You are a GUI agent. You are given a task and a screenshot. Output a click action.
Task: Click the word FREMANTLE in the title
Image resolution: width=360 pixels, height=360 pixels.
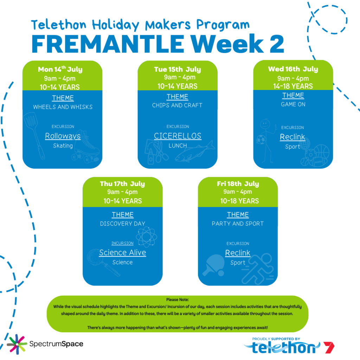pyautogui.click(x=108, y=44)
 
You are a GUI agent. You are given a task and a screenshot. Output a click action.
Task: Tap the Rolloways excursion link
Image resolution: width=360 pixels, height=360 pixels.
pyautogui.click(x=63, y=136)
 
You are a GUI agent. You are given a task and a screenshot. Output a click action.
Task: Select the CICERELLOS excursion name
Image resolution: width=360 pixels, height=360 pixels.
pyautogui.click(x=178, y=136)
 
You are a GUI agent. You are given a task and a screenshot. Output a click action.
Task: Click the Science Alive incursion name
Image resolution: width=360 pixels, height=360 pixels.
pyautogui.click(x=123, y=252)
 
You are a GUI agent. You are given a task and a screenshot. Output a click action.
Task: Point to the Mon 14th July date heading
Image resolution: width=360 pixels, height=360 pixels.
pyautogui.click(x=60, y=69)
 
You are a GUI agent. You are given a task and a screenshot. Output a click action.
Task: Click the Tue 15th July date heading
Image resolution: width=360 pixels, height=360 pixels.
pyautogui.click(x=178, y=69)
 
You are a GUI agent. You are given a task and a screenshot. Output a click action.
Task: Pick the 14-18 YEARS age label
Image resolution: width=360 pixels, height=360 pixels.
pyautogui.click(x=293, y=86)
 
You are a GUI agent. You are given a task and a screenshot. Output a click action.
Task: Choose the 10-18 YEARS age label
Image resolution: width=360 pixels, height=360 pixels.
pyautogui.click(x=239, y=201)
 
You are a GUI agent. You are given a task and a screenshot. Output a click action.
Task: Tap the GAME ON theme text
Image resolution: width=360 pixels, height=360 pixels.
pyautogui.click(x=293, y=104)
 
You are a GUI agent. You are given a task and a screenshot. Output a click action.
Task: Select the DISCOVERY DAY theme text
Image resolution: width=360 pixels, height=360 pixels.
pyautogui.click(x=123, y=224)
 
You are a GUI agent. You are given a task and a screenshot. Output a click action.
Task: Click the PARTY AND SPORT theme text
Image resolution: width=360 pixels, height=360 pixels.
pyautogui.click(x=238, y=224)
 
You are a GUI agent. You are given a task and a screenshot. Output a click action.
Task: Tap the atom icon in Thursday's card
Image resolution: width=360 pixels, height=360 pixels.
pyautogui.click(x=147, y=237)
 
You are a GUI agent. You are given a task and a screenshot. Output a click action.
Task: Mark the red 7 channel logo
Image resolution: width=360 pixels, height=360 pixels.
pyautogui.click(x=329, y=347)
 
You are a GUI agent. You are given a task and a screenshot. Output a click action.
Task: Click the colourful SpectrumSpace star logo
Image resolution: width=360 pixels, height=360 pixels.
pyautogui.click(x=17, y=344)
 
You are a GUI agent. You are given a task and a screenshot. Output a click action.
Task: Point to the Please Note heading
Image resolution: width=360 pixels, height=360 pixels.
pyautogui.click(x=178, y=300)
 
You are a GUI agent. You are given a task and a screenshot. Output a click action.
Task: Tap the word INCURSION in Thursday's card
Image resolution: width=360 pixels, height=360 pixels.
pyautogui.click(x=122, y=243)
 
